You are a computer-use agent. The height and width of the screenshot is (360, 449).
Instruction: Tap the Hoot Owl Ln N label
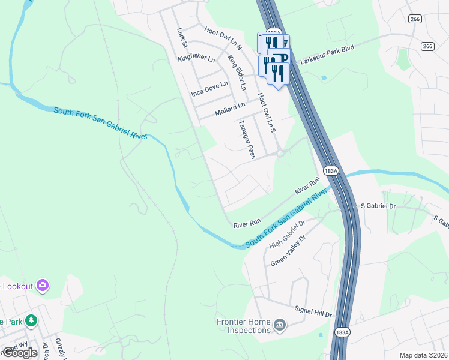223,38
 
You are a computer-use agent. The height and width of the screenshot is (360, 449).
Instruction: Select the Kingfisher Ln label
196,59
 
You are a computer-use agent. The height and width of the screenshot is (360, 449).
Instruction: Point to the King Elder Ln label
237,73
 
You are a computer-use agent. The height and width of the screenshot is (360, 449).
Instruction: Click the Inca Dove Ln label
209,89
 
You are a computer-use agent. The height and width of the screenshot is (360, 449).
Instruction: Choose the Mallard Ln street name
231,109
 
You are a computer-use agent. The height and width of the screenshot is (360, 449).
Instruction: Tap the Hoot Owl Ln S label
265,112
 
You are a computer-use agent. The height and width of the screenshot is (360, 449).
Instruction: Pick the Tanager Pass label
247,139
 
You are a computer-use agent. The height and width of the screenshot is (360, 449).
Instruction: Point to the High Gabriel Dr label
288,234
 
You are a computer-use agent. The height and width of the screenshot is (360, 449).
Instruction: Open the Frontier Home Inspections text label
243,326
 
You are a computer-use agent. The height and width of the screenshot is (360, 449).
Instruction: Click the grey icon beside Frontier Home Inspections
280,326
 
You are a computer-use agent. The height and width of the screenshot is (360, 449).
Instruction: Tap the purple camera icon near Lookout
43,286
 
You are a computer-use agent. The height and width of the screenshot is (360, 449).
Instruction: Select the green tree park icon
30,321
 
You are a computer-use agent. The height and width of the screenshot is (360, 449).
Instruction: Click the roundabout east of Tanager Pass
280,154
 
